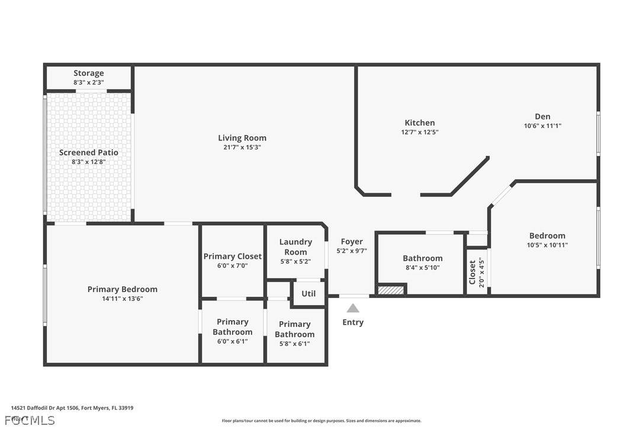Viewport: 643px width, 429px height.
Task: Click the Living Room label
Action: click(242, 138)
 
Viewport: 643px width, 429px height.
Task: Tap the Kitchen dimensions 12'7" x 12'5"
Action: click(420, 133)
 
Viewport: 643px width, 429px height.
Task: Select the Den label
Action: click(542, 117)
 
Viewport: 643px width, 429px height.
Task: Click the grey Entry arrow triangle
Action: click(353, 308)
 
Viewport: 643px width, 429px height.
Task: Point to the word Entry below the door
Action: click(353, 322)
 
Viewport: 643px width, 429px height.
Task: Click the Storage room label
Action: click(89, 73)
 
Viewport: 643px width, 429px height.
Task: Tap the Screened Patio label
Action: click(89, 152)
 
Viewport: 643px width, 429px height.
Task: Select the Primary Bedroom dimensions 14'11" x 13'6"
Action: click(123, 299)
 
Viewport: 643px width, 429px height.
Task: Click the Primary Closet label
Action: click(232, 257)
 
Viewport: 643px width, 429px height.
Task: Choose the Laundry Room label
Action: click(295, 246)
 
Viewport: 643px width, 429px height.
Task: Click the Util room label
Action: click(308, 293)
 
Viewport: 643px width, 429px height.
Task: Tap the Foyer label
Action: click(352, 242)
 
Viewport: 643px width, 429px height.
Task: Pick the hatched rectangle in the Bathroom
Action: click(391, 290)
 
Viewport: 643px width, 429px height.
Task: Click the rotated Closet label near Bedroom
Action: click(472, 273)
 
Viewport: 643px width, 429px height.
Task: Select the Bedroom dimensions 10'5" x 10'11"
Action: click(547, 245)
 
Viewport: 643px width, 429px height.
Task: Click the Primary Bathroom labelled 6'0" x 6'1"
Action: click(232, 327)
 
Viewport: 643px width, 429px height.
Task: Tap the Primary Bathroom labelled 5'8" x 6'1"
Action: click(295, 329)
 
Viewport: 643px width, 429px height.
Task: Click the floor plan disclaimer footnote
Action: click(321, 421)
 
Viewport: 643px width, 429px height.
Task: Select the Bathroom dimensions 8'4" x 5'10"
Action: click(423, 268)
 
